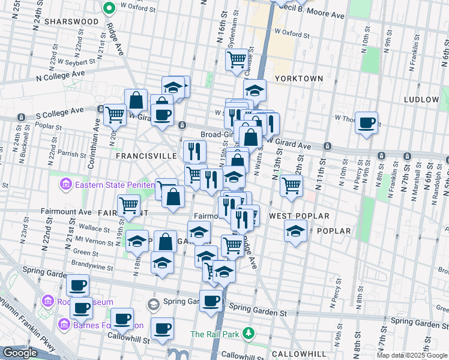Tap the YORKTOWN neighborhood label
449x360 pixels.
298,79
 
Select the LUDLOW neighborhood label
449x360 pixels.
421,99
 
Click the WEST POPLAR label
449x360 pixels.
299,215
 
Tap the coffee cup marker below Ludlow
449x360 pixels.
366,124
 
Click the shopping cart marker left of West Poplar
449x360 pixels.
291,185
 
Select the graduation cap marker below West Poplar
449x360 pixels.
295,231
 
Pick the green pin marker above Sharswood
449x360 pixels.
109,8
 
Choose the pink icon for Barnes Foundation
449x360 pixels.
65,325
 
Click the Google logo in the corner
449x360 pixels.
20,353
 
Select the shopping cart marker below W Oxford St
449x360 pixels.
237,60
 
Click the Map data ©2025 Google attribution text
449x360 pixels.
412,355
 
